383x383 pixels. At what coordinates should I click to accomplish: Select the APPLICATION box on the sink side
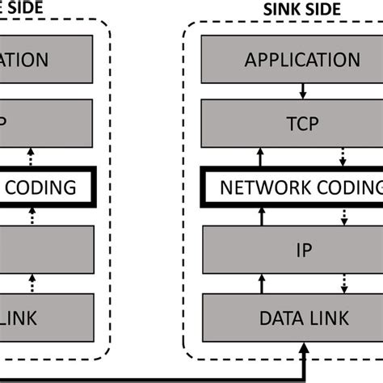pyautogui.click(x=302, y=60)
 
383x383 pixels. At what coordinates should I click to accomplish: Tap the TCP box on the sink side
pyautogui.click(x=302, y=124)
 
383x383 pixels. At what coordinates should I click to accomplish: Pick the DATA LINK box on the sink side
pyautogui.click(x=302, y=316)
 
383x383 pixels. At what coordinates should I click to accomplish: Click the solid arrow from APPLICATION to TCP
pyautogui.click(x=302, y=91)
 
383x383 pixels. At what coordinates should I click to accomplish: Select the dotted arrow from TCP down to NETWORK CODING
pyautogui.click(x=345, y=155)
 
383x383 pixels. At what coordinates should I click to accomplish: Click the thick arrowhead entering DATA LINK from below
pyautogui.click(x=302, y=349)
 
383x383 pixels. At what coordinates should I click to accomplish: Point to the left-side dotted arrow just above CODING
pyautogui.click(x=32, y=155)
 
